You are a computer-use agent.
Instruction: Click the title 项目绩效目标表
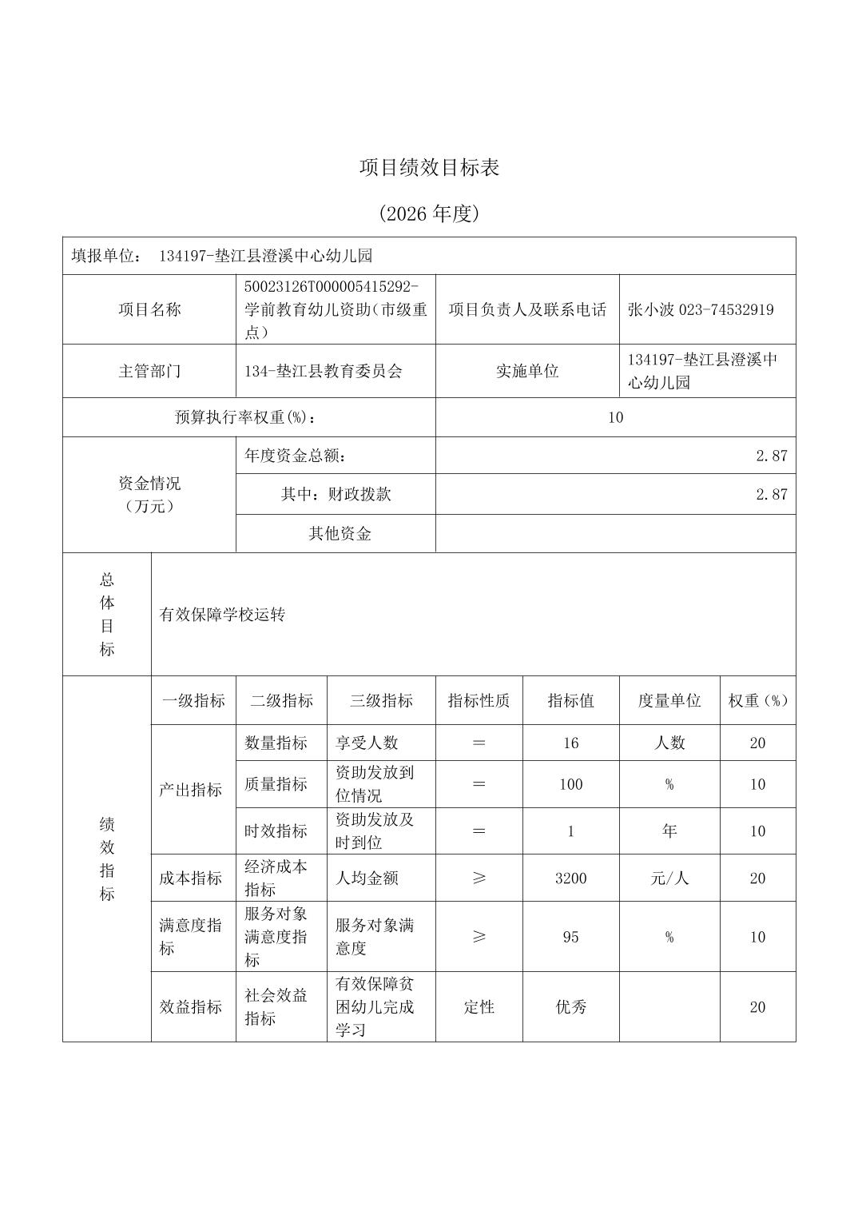[x=429, y=168]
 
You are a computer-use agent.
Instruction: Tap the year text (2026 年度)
[x=429, y=213]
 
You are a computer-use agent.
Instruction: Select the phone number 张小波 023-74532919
[x=701, y=309]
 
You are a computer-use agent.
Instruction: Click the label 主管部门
[x=149, y=371]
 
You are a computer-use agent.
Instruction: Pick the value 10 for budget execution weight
[x=615, y=417]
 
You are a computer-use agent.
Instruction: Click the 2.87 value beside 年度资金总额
[x=771, y=456]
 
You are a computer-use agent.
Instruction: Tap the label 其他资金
[x=340, y=533]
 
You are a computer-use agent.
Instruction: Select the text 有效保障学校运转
[x=222, y=615]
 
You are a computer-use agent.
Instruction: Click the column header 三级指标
[x=381, y=700]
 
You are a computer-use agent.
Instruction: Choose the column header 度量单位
[x=669, y=700]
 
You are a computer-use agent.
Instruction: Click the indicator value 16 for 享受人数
[x=570, y=743]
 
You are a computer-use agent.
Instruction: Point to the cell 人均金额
[x=367, y=878]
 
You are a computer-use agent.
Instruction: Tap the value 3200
[x=570, y=878]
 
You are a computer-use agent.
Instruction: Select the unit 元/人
[x=669, y=878]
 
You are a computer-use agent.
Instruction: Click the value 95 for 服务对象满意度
[x=570, y=937]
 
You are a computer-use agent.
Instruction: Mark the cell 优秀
[x=570, y=1007]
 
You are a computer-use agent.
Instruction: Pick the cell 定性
[x=479, y=1007]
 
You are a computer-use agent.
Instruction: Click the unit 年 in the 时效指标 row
[x=669, y=831]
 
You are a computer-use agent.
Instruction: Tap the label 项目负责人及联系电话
[x=527, y=309]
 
